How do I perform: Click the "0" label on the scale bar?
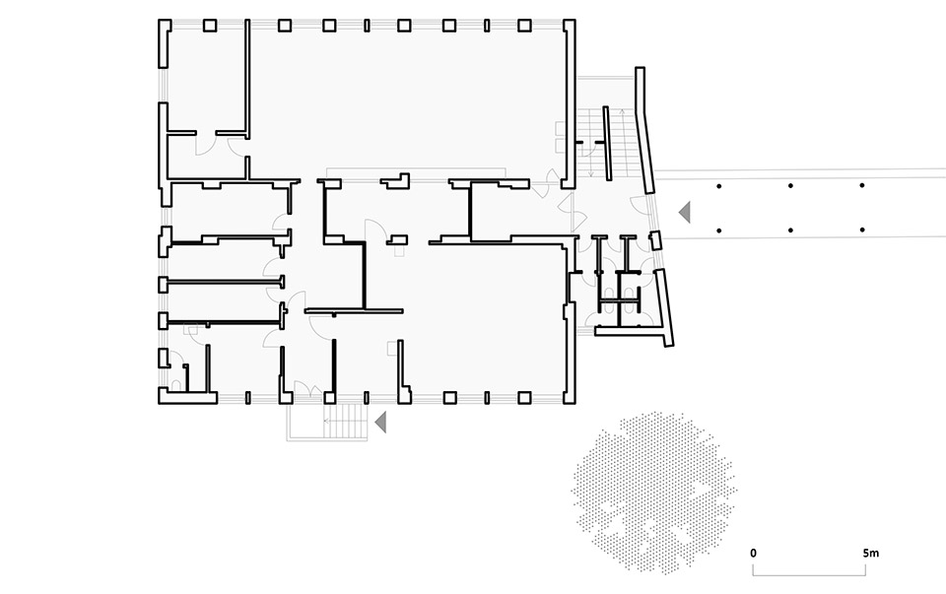point(754,553)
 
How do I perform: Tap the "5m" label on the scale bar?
point(870,553)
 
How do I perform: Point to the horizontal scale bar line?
point(809,574)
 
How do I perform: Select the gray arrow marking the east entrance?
point(685,212)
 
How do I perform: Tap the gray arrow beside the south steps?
point(380,423)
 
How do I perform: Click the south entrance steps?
point(345,421)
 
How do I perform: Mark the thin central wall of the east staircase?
point(606,143)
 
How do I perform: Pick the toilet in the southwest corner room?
point(176,385)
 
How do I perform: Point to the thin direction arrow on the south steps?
point(345,421)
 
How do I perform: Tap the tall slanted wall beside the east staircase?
point(644,130)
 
